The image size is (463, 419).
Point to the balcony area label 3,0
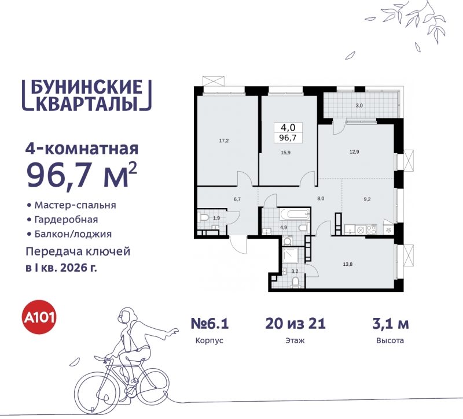pos(359,106)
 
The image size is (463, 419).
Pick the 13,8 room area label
pos(347,264)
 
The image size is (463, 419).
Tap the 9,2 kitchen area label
pos(368,199)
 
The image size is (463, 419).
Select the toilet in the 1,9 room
pos(204,218)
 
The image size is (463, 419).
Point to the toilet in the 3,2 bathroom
pos(295,281)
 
